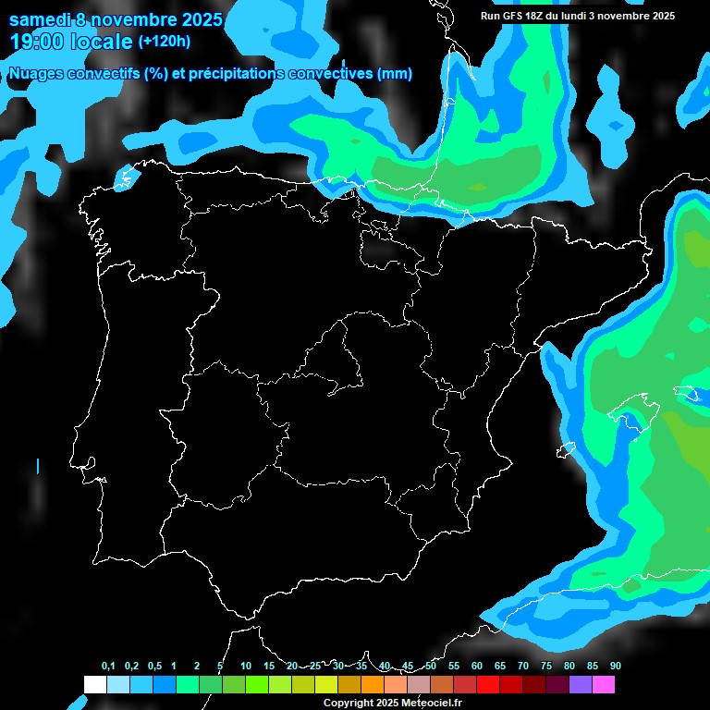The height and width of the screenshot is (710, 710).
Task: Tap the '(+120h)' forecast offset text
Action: (x=165, y=42)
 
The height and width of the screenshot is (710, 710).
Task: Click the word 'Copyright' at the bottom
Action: (x=346, y=703)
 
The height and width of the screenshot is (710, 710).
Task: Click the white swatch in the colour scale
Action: (x=94, y=684)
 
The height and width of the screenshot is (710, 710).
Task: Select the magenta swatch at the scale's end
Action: (x=604, y=684)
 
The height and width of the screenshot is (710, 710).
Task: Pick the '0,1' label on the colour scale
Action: (x=107, y=667)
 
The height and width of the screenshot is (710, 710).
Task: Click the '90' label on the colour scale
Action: (x=616, y=667)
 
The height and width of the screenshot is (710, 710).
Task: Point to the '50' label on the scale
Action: (x=431, y=667)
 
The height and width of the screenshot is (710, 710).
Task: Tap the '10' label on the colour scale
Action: (x=245, y=667)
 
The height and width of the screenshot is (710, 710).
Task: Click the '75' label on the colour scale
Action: (x=546, y=667)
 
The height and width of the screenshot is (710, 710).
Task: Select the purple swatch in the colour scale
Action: (x=581, y=684)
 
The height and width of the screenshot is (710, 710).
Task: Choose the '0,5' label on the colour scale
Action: (x=153, y=667)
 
